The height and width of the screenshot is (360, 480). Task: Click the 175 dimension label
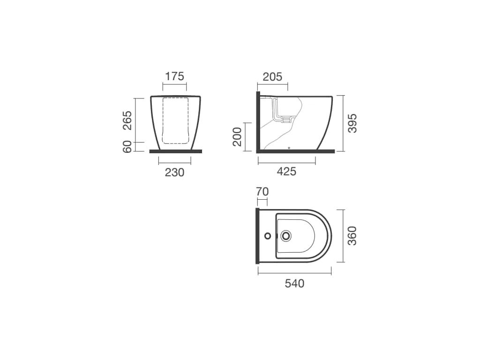174,76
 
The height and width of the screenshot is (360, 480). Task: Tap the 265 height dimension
127,120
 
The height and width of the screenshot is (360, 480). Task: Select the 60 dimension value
127,147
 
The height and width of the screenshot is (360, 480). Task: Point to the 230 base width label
174,172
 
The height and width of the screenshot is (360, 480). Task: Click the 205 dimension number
272,77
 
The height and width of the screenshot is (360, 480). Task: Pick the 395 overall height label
352,123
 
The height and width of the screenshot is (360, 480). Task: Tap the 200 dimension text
237,136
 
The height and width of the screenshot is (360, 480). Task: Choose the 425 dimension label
286,172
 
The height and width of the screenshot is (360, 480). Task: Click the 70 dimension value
262,192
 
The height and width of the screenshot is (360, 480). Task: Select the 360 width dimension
352,236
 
